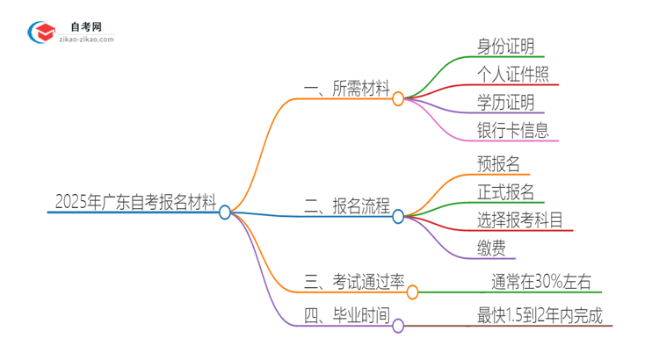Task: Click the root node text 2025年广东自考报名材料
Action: (134, 203)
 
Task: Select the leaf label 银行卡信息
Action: (513, 131)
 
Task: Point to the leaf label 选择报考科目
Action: (520, 221)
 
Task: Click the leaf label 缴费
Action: (490, 249)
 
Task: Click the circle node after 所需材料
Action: (398, 99)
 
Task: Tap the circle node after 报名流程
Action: (398, 216)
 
